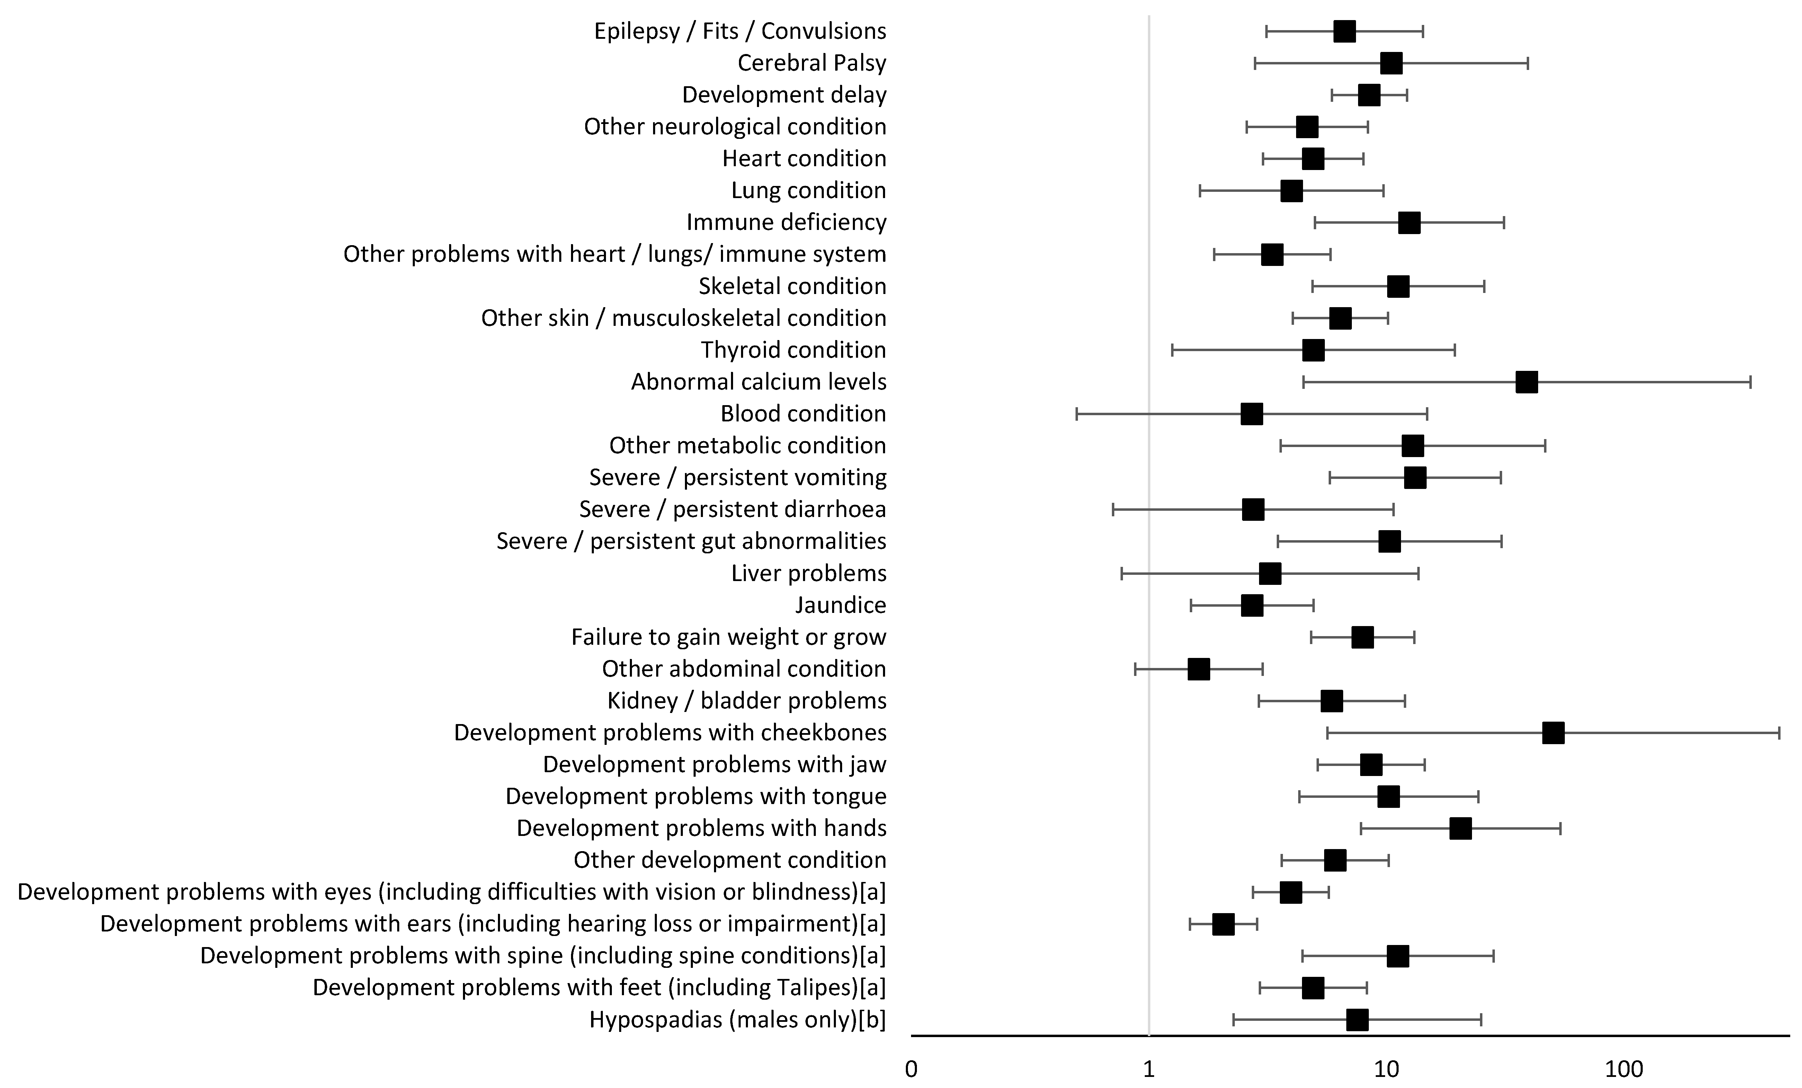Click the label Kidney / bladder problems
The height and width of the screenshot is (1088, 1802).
[x=747, y=701]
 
